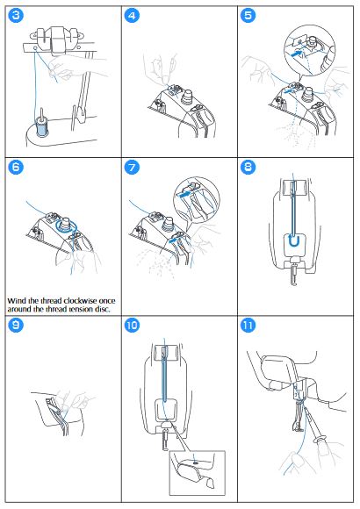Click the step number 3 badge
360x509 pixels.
(16, 15)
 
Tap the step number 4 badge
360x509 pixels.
(132, 15)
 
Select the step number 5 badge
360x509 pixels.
(248, 15)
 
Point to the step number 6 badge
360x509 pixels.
(16, 167)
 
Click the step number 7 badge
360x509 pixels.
(132, 167)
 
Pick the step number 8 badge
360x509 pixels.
(248, 167)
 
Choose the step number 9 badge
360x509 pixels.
(16, 325)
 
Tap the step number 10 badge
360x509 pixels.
(132, 325)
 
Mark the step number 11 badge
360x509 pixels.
(248, 325)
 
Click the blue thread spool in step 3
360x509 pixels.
(42, 129)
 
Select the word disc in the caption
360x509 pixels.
(103, 309)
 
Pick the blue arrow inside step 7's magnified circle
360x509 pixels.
(184, 194)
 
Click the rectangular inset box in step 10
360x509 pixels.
(198, 473)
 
